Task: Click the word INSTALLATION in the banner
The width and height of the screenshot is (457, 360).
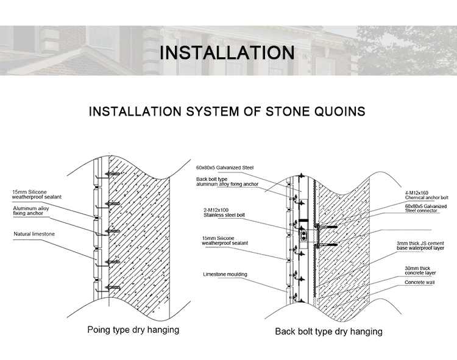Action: [x=227, y=52]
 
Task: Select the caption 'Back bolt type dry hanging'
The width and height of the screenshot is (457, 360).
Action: [x=328, y=331]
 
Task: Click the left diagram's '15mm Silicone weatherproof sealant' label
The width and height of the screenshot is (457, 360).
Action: [x=37, y=194]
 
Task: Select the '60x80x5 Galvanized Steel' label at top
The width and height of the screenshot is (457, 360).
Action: [x=224, y=168]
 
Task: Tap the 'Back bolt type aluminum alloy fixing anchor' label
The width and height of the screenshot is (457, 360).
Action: [x=227, y=182]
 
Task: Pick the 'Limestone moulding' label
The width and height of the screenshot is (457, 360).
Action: [x=225, y=275]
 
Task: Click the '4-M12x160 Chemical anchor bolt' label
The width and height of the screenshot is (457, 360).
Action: [x=427, y=195]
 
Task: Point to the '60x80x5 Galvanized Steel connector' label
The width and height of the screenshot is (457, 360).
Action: [x=426, y=209]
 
